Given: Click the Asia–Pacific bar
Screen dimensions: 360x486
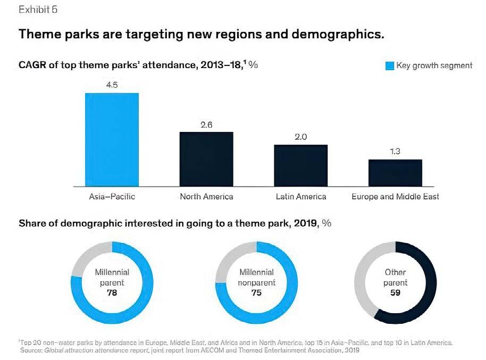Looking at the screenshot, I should [x=112, y=139].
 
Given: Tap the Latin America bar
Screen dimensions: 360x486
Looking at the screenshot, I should [x=300, y=165].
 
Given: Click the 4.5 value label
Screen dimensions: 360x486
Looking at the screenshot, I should [x=112, y=85].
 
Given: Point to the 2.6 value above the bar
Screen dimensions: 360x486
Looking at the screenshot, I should [x=206, y=124].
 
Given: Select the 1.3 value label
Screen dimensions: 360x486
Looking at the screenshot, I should [x=395, y=152].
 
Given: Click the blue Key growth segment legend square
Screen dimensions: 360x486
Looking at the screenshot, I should [x=389, y=66].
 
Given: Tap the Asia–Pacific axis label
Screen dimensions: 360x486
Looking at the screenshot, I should [x=112, y=197].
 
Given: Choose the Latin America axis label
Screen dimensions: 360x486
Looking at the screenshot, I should [x=301, y=197].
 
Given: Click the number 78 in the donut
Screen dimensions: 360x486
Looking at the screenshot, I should [x=112, y=292].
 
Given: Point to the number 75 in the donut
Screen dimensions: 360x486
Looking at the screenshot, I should [x=256, y=292].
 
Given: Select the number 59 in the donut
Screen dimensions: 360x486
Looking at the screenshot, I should [x=395, y=292].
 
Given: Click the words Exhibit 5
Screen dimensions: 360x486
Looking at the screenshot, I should [x=38, y=10].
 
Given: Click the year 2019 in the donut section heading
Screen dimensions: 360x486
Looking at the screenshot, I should [x=305, y=223].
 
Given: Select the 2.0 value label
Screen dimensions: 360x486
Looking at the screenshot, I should [x=300, y=137].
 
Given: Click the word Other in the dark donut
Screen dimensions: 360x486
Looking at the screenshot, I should [x=395, y=272].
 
